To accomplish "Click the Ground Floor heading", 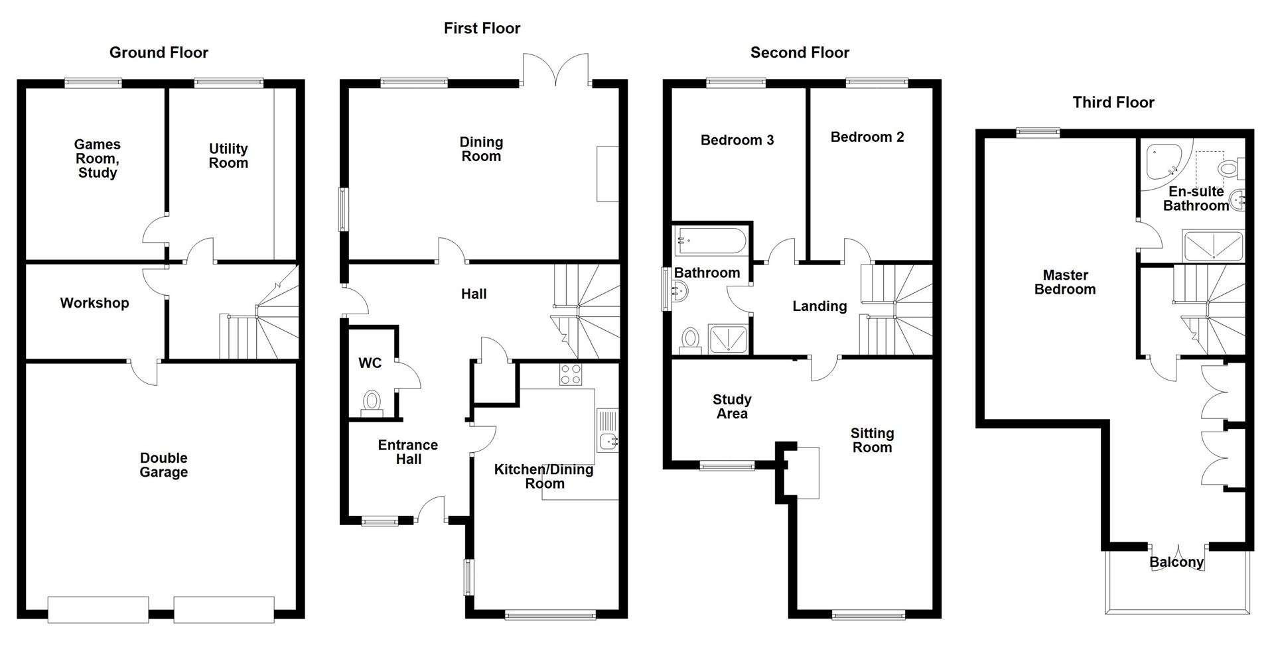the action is (159, 52).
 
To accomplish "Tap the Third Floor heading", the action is (1113, 102).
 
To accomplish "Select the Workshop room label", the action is (94, 303).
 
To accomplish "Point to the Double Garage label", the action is (163, 465).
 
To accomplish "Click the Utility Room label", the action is (228, 156).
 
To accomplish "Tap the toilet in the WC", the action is (372, 402).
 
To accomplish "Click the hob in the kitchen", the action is (571, 375).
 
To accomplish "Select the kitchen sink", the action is (607, 440).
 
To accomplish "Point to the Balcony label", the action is (1176, 562).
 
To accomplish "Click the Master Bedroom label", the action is (1065, 282).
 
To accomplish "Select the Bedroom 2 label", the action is (867, 137).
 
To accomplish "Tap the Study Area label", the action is (732, 406).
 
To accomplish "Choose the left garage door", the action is (98, 609).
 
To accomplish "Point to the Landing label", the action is (819, 306).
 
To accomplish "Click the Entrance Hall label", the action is (408, 452).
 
